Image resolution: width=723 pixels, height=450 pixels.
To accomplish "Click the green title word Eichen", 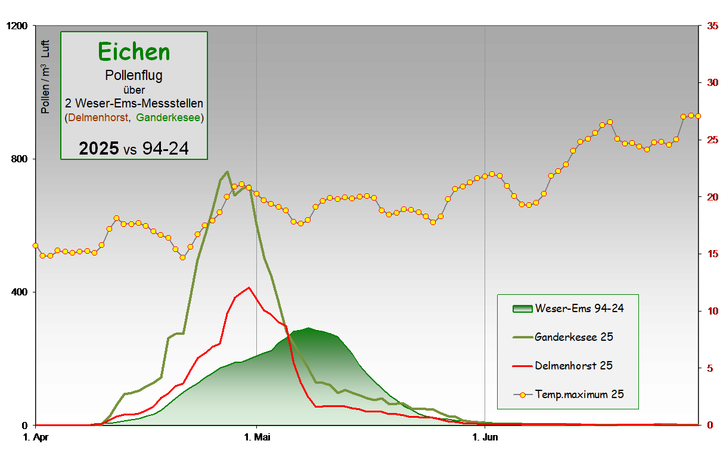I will [x=134, y=52].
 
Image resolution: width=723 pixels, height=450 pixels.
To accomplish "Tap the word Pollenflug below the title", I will [x=134, y=76].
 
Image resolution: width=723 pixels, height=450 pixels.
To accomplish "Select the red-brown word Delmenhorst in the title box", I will [x=98, y=118].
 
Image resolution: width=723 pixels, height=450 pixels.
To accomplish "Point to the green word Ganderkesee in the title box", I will [x=168, y=118].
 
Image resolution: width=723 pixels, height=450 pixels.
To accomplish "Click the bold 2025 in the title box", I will [x=98, y=149].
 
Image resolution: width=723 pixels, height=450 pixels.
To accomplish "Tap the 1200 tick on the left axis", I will [x=17, y=26].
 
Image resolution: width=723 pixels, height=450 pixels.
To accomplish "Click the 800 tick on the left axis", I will [x=20, y=159].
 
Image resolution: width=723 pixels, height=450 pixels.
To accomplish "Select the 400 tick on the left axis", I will [x=20, y=292].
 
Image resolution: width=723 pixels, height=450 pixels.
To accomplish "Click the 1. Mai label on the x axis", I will [x=256, y=437].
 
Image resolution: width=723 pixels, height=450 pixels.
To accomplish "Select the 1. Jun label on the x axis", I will [x=485, y=437].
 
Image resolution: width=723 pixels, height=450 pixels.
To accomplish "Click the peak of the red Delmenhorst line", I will [x=249, y=288].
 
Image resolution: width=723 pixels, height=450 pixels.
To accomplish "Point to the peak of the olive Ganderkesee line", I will [x=227, y=172].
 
